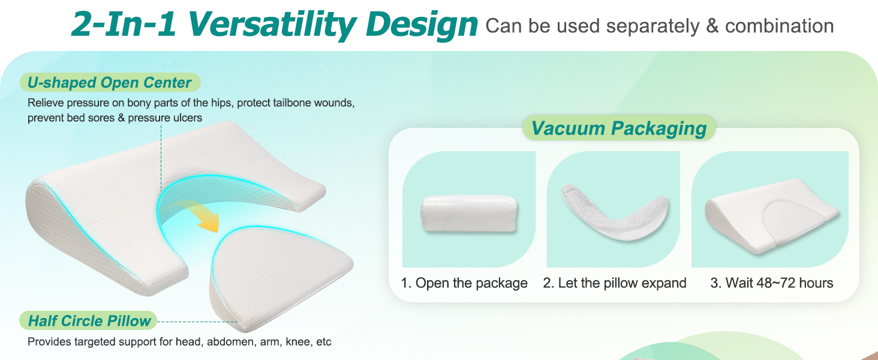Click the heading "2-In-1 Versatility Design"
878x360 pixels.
pos(275,25)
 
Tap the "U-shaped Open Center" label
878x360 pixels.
pos(109,83)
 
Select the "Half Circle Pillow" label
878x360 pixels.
pos(89,321)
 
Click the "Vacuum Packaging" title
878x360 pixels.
pos(619,128)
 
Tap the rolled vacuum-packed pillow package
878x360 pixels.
pos(469,214)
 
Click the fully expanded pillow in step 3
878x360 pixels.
pos(771,215)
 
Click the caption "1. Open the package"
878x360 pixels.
pos(464,283)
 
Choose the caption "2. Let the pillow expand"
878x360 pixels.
pos(615,283)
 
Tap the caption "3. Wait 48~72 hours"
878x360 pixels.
pos(772,283)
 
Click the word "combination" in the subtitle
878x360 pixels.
pos(779,26)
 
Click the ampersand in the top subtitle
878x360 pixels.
pos(712,26)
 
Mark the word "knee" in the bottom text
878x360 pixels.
pos(298,341)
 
